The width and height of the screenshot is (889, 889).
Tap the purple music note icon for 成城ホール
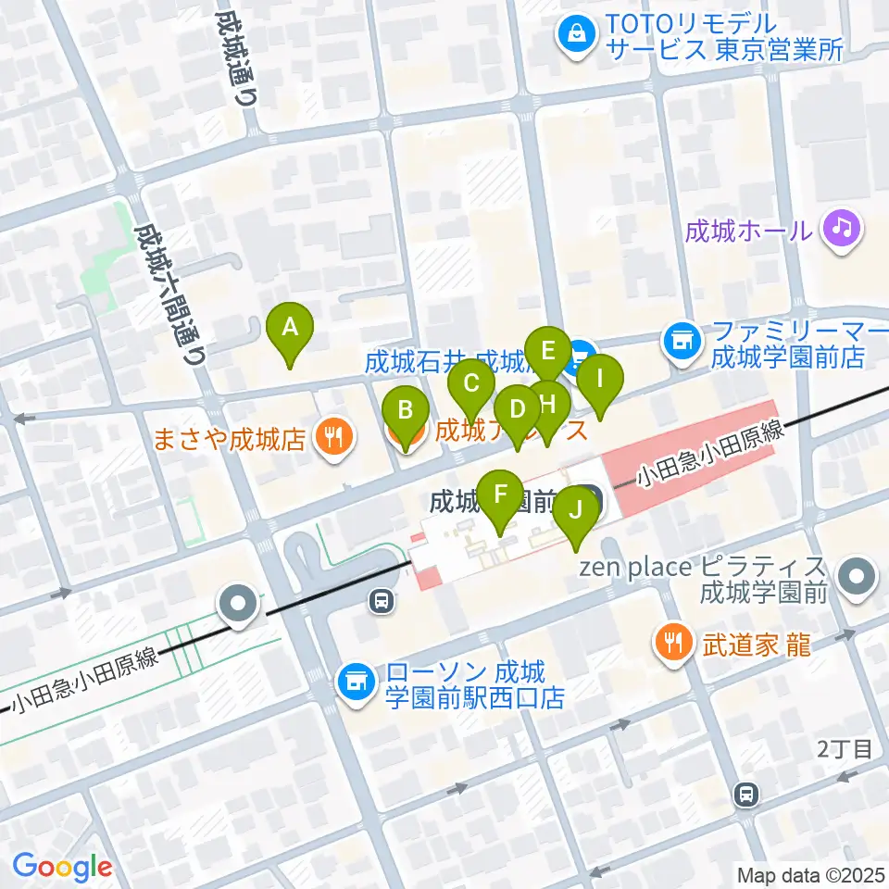tap(842, 228)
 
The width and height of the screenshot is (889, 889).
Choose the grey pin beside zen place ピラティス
tap(858, 577)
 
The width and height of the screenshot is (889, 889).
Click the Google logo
tap(62, 866)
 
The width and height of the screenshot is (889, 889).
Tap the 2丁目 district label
tap(845, 749)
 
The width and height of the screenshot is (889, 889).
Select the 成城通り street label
tap(237, 57)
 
